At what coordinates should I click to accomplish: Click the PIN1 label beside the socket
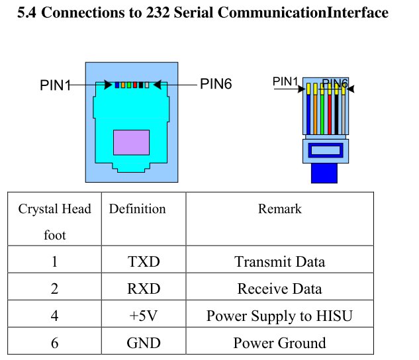pos(55,86)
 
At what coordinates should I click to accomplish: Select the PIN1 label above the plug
pos(285,81)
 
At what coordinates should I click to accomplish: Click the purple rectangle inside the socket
pos(131,142)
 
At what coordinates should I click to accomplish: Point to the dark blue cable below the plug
pos(324,174)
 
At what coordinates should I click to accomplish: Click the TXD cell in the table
pos(144,261)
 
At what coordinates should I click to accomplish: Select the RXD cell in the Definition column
pos(144,289)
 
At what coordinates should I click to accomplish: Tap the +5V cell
pos(144,316)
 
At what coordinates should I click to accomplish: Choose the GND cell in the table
pos(144,343)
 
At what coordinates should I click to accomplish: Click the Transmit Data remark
pos(279,261)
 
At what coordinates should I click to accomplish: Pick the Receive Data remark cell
pos(279,289)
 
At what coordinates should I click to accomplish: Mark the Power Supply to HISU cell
pos(279,316)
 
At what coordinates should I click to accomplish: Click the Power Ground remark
pos(279,343)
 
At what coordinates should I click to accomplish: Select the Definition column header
pos(137,209)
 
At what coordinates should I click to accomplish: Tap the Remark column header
pos(279,209)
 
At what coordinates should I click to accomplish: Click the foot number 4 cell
pos(54,316)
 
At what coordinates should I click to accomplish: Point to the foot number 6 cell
pos(54,343)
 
